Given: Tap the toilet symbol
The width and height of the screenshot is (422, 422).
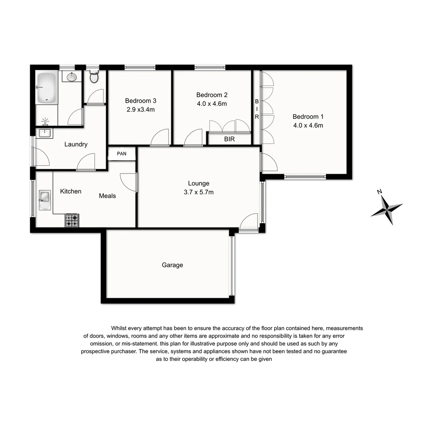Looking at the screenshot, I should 94,77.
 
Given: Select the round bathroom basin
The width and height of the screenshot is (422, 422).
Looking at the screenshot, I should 71,77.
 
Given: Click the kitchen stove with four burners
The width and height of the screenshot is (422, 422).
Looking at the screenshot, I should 72,220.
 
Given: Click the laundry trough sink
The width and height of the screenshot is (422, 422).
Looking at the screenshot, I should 45,133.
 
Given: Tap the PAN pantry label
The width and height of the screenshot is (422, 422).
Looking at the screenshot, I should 122,154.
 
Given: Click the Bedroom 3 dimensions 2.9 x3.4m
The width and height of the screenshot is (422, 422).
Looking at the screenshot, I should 140,109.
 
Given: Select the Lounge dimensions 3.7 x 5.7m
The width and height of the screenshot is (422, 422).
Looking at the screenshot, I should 198,192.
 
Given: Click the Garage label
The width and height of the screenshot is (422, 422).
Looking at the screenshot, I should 172,265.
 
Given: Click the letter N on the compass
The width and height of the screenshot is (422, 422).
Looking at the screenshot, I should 379,191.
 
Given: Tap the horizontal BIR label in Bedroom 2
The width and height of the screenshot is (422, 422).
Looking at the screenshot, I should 229,139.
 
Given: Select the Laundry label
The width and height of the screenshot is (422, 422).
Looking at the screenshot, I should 76,144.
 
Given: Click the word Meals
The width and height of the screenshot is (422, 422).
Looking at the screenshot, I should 107,196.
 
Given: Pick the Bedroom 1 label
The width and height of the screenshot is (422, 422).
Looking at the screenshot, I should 308,116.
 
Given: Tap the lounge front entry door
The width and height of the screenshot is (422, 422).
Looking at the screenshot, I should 249,222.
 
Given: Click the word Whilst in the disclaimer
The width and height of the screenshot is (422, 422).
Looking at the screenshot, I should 120,328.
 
